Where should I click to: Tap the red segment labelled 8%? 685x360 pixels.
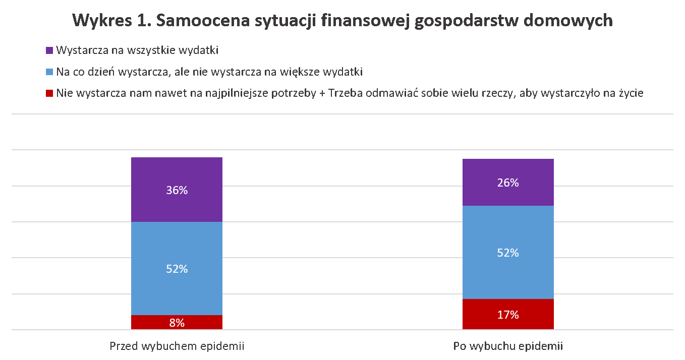pyautogui.click(x=151, y=322)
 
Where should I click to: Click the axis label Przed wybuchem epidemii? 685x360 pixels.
pyautogui.click(x=177, y=346)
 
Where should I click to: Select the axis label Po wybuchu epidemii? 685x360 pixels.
pyautogui.click(x=508, y=346)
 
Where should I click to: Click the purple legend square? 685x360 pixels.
pyautogui.click(x=49, y=50)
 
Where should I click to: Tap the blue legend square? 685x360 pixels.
pyautogui.click(x=49, y=72)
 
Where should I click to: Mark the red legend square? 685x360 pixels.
pyautogui.click(x=49, y=93)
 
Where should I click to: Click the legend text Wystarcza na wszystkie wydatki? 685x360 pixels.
pyautogui.click(x=137, y=50)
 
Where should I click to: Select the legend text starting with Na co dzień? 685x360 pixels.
pyautogui.click(x=209, y=72)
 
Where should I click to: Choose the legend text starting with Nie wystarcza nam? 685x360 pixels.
pyautogui.click(x=350, y=93)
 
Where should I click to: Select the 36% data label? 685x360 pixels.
pyautogui.click(x=177, y=190)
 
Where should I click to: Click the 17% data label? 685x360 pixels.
pyautogui.click(x=508, y=315)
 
